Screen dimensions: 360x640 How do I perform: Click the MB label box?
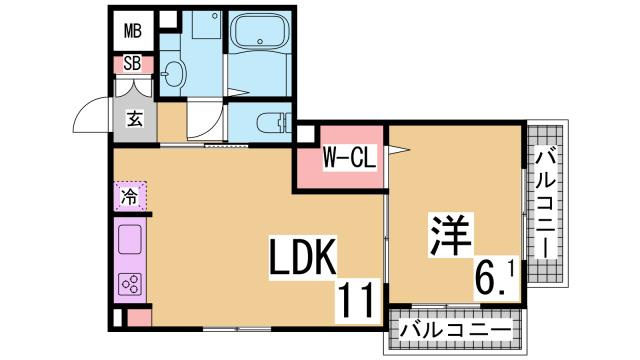[132, 31]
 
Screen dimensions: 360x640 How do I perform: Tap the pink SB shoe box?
[132, 64]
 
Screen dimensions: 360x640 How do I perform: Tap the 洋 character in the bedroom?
[449, 236]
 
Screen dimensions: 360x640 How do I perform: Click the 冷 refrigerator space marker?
[130, 196]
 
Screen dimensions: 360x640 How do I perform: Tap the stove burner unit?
[130, 284]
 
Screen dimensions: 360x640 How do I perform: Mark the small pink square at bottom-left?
[139, 319]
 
